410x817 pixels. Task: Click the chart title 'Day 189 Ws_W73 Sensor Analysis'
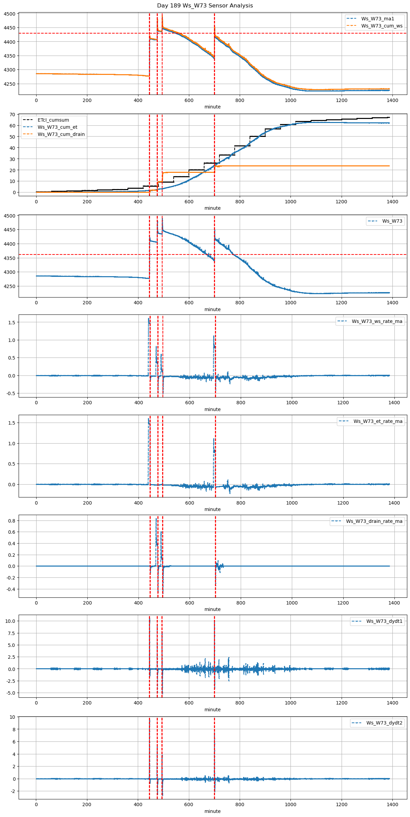point(205,6)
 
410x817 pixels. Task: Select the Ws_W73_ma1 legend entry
point(377,19)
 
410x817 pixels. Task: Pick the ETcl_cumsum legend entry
point(53,120)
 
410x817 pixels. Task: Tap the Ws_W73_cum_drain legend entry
point(61,134)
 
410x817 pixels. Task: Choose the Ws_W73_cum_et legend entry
point(57,127)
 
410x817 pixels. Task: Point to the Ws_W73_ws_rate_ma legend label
point(377,321)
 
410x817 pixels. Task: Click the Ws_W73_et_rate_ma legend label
point(378,421)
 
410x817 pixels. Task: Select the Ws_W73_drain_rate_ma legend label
point(374,521)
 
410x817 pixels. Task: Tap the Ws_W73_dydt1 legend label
point(384,621)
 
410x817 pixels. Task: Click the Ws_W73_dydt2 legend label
point(384,723)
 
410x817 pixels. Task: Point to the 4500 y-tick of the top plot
point(9,14)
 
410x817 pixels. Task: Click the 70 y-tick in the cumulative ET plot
point(12,115)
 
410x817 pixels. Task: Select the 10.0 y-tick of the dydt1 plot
point(10,621)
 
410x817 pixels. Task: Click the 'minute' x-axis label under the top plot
point(212,107)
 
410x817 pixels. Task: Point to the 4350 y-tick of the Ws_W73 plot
point(9,258)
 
